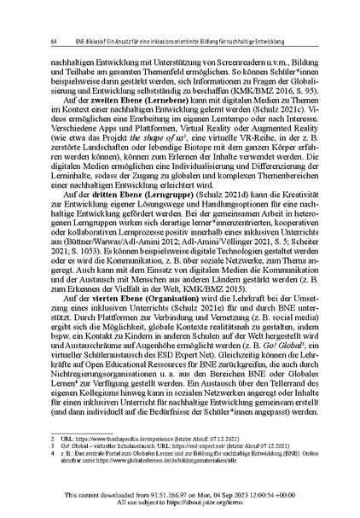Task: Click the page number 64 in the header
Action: [55, 40]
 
